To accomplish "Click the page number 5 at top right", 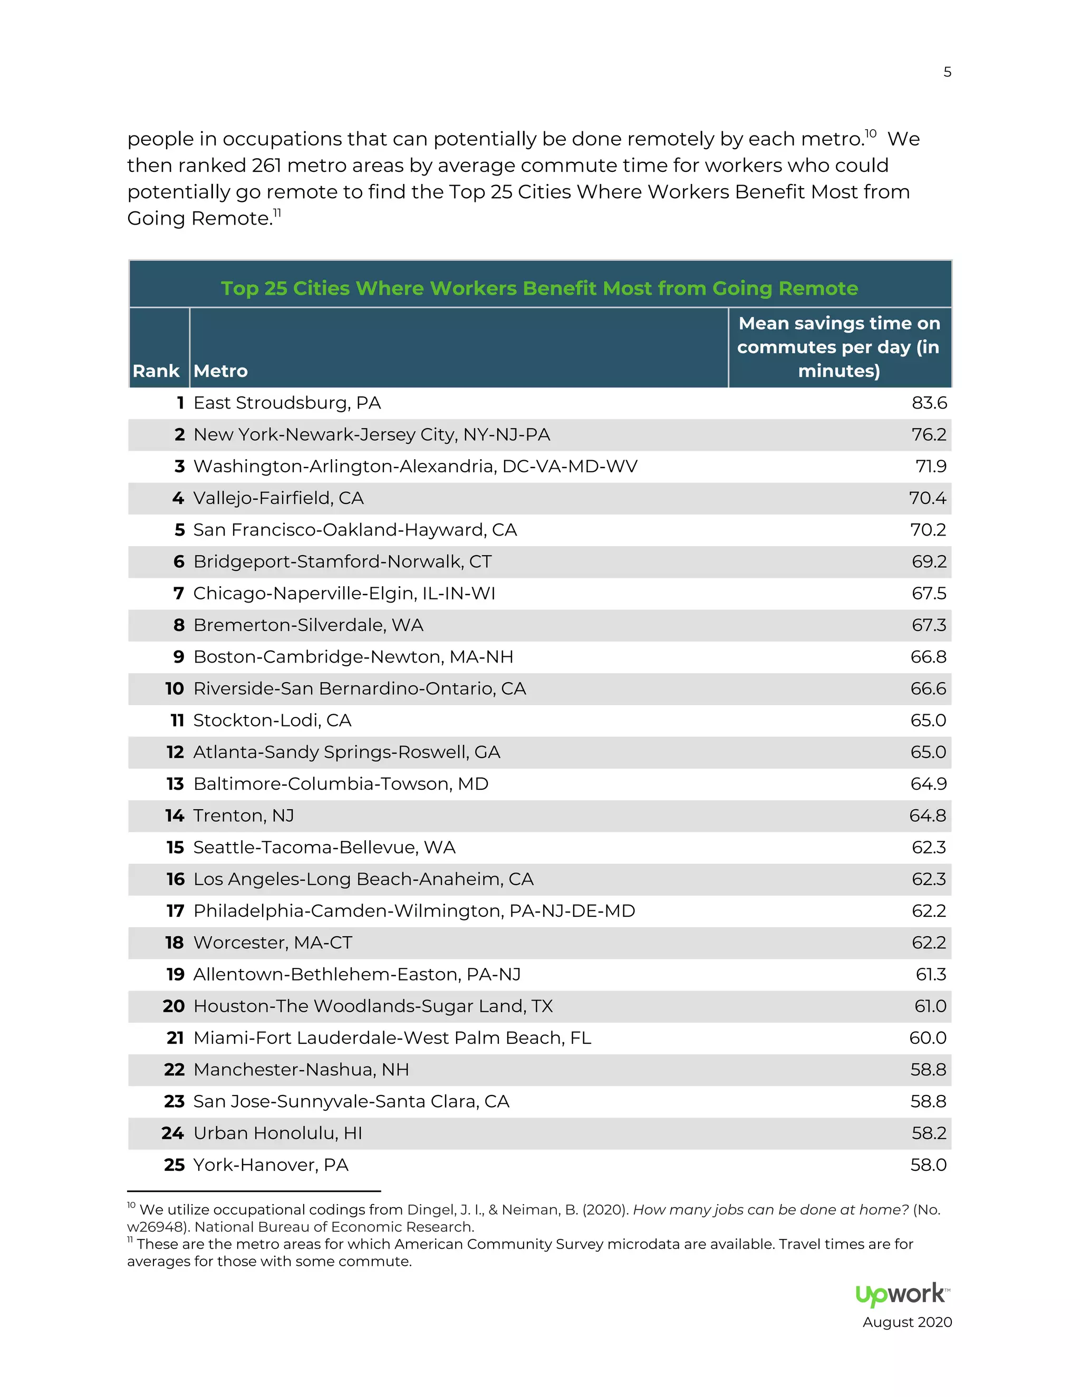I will click(x=947, y=72).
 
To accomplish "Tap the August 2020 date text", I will click(x=907, y=1322).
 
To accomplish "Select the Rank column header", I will click(x=156, y=371).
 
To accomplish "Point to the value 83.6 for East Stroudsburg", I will click(x=929, y=403).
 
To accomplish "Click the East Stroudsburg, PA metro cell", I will click(x=287, y=403).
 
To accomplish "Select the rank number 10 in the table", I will click(x=174, y=689).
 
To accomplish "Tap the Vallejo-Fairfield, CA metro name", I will click(x=278, y=498).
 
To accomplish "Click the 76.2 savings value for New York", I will click(x=929, y=435).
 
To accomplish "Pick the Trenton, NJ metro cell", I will click(x=244, y=816).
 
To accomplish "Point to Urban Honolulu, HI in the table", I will click(x=278, y=1133).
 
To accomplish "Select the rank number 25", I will click(x=174, y=1165).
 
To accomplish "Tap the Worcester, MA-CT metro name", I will click(x=273, y=943).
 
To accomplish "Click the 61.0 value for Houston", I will click(x=930, y=1006).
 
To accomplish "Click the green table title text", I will click(x=539, y=288).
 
